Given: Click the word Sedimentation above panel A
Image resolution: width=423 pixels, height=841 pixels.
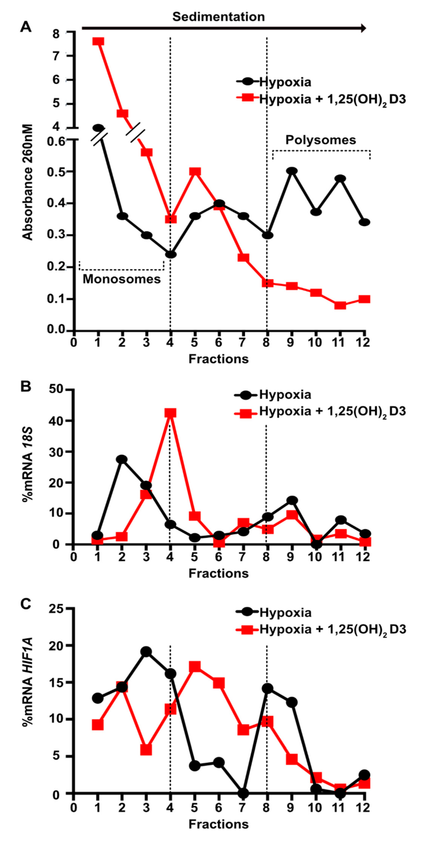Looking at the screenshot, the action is pyautogui.click(x=219, y=17).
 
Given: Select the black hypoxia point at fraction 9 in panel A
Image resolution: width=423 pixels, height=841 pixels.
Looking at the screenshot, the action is pyautogui.click(x=292, y=171).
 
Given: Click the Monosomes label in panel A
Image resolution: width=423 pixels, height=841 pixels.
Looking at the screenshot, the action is pyautogui.click(x=121, y=279).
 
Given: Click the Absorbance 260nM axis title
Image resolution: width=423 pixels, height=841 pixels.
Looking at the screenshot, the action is pyautogui.click(x=28, y=182).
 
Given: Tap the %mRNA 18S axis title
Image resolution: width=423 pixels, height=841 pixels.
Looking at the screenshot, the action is pyautogui.click(x=28, y=468).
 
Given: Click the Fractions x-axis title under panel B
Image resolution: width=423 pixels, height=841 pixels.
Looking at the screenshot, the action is pyautogui.click(x=219, y=573).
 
